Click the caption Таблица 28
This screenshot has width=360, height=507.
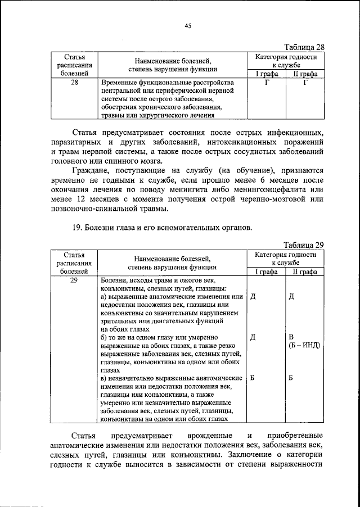[304, 47]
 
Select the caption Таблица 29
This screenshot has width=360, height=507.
[304, 245]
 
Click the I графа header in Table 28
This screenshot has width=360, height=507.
[267, 74]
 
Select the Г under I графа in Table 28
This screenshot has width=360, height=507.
[267, 83]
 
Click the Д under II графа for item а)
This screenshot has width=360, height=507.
[291, 296]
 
